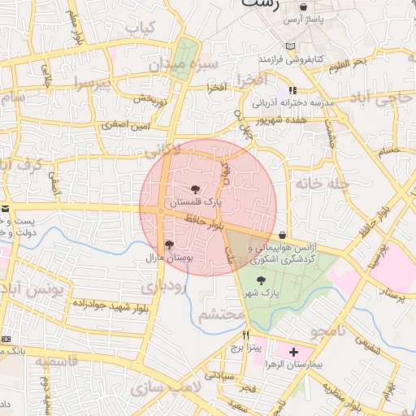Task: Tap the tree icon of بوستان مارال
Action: coord(168,244)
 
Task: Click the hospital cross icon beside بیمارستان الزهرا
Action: coord(293,352)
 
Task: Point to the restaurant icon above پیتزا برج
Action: coord(245,334)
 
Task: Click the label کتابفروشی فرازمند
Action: coord(292,59)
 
